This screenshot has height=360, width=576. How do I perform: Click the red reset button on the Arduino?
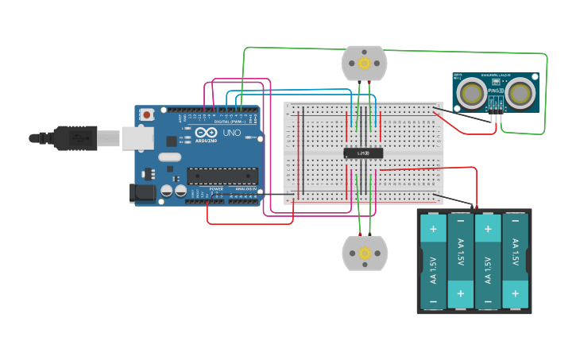(x=147, y=115)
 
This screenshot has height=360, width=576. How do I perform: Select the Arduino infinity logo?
(x=204, y=134)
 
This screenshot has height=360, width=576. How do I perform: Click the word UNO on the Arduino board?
(x=231, y=133)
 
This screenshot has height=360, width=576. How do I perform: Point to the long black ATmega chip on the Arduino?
(x=222, y=176)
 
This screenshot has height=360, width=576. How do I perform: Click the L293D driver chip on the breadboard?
(x=363, y=153)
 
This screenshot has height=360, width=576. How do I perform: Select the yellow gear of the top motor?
(x=364, y=63)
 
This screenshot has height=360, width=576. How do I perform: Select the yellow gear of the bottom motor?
(x=365, y=254)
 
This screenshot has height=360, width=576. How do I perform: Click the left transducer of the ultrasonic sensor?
(x=472, y=93)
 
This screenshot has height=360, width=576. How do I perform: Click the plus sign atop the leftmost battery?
(x=433, y=229)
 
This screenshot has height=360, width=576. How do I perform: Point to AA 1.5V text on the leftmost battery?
(x=433, y=270)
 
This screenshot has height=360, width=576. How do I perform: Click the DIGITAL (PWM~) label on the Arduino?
(x=228, y=122)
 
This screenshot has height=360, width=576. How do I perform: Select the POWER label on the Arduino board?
(x=216, y=188)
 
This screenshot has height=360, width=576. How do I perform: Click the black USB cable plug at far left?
(x=64, y=137)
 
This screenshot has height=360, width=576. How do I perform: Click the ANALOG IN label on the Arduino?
(x=245, y=189)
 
